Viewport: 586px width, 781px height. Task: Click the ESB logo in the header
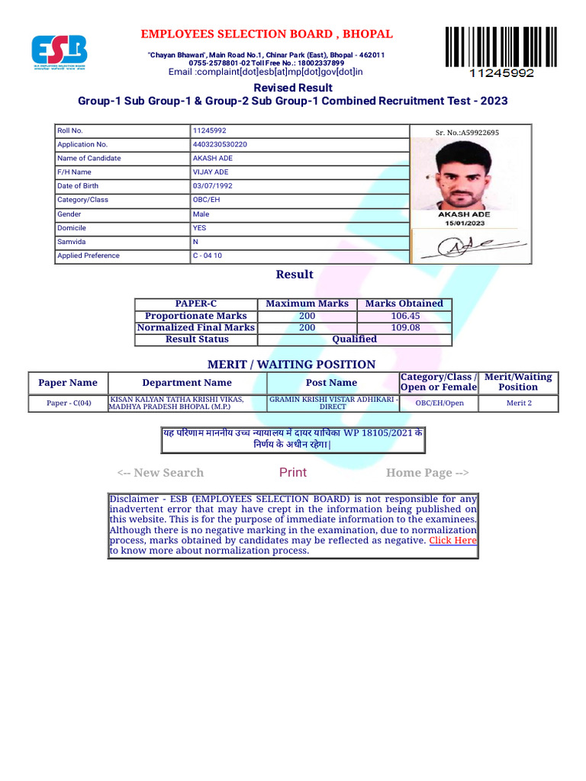(59, 51)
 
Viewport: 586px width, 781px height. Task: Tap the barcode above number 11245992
(501, 47)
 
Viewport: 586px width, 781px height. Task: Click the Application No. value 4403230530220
(220, 144)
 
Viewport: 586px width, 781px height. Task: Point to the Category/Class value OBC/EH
(208, 200)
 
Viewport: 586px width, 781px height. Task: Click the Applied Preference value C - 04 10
(208, 256)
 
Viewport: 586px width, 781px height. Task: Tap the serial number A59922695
(467, 133)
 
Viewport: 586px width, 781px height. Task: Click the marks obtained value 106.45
(404, 316)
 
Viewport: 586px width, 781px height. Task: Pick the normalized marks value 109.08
(404, 328)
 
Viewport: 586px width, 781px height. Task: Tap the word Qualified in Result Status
(354, 339)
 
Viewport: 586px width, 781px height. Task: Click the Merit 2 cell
(519, 403)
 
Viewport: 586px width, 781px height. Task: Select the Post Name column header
(331, 383)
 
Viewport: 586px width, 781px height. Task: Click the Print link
(293, 473)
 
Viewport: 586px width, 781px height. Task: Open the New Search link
(160, 473)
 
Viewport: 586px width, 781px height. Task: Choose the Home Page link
(427, 473)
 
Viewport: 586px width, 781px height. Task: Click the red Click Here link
(452, 540)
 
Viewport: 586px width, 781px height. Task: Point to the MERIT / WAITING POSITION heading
(291, 365)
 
